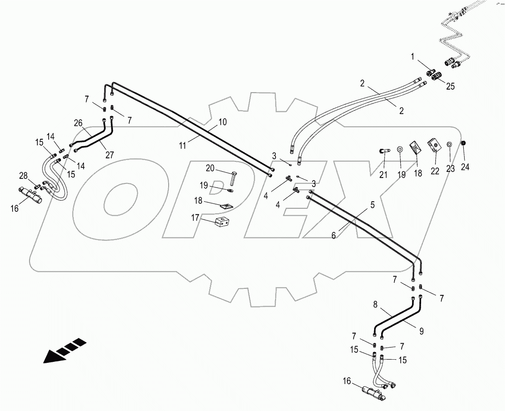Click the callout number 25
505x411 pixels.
point(450,86)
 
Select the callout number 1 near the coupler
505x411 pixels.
point(413,57)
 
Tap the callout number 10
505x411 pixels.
point(222,122)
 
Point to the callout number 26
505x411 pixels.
point(78,123)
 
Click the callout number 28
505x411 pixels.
point(23,176)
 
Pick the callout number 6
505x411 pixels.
point(334,235)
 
